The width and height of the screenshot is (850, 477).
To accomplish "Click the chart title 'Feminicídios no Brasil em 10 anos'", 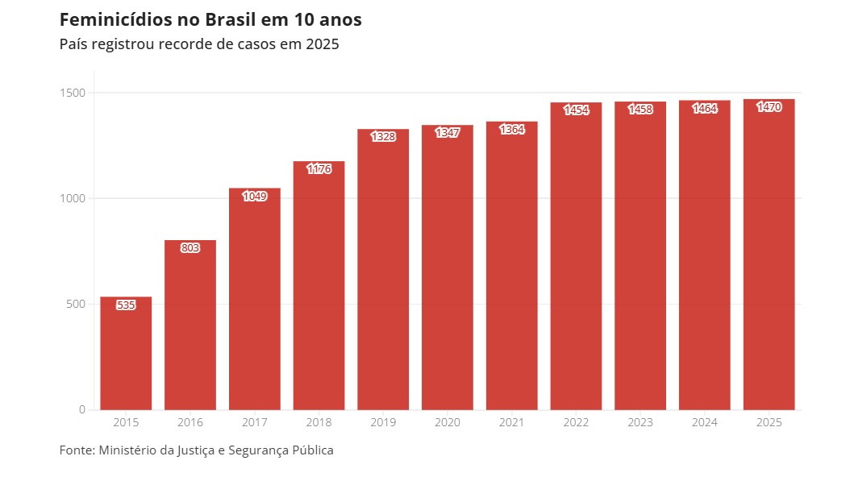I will [210, 19].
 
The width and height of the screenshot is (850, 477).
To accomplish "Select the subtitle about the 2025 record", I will [199, 44].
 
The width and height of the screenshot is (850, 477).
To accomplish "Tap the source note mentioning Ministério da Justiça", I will [196, 450].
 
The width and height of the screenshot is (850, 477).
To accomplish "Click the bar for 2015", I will [126, 355].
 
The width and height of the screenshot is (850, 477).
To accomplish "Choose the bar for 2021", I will [511, 270].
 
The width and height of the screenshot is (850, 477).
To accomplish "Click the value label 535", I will [126, 305].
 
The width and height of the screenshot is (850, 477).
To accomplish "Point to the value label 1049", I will [255, 197].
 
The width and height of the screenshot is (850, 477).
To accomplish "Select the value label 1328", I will [383, 137].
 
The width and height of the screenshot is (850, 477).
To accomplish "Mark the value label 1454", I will [576, 110].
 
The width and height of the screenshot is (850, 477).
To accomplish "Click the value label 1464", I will [705, 109].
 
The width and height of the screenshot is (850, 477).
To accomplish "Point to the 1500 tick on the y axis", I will [72, 93].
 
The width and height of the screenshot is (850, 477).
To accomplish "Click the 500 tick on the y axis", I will [75, 304].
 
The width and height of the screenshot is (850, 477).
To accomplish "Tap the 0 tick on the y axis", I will [81, 409].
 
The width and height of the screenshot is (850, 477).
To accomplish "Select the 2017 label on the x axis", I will [255, 422].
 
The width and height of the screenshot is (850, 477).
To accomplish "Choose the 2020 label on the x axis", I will [448, 422].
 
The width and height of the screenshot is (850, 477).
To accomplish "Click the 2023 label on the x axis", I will [640, 422].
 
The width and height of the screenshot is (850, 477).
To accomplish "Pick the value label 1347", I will [448, 133].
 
